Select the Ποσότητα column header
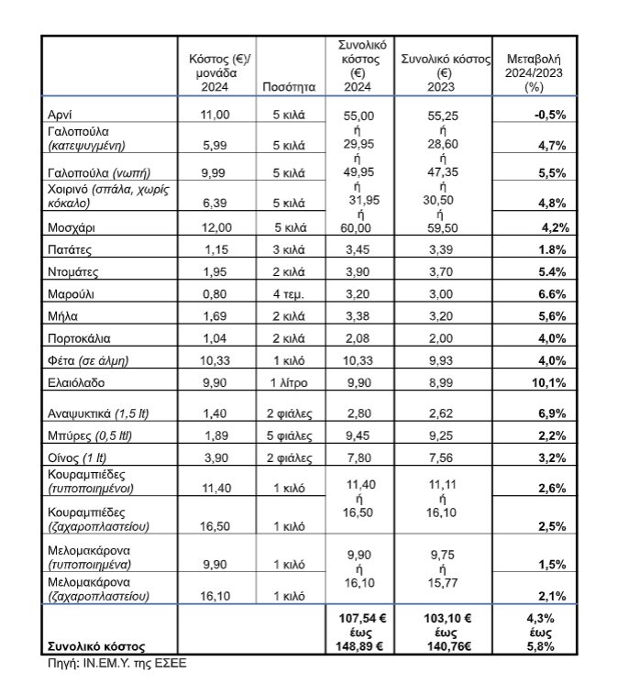pyautogui.click(x=289, y=88)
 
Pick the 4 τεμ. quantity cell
pyautogui.click(x=289, y=295)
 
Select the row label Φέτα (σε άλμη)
pyautogui.click(x=90, y=360)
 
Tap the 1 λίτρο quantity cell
pyautogui.click(x=289, y=382)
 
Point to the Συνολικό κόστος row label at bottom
pyautogui.click(x=97, y=645)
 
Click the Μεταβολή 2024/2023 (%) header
pyautogui.click(x=535, y=66)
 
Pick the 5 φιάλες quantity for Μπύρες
pyautogui.click(x=289, y=435)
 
